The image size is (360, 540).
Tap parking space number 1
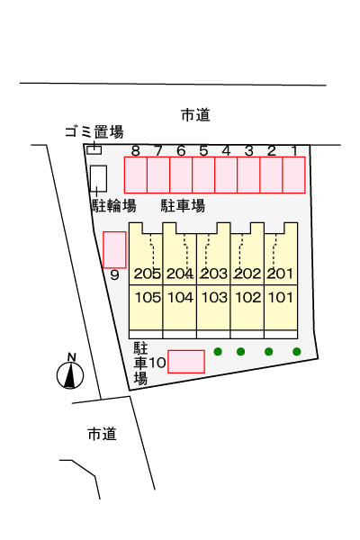tap(294, 175)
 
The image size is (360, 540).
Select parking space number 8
tap(136, 175)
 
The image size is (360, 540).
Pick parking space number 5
tap(203, 175)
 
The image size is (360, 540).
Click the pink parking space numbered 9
tap(114, 249)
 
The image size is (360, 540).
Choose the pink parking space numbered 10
tap(186, 362)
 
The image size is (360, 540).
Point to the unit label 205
tap(148, 274)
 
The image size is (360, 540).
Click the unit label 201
tap(280, 274)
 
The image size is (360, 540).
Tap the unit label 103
tap(214, 298)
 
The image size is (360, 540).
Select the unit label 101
tap(281, 298)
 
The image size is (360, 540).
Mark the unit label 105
tap(148, 298)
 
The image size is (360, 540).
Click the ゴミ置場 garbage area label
tap(94, 132)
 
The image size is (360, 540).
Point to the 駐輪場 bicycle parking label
tap(114, 206)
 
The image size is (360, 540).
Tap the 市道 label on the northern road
tap(195, 115)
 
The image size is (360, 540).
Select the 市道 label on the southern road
tap(102, 434)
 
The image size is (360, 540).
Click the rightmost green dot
tap(297, 352)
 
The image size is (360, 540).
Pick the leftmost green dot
tap(218, 352)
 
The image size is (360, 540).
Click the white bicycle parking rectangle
tap(98, 178)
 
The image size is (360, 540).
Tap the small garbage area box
tap(94, 150)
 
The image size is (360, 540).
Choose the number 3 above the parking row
tap(248, 151)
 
